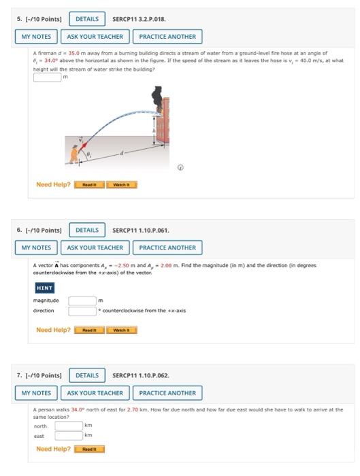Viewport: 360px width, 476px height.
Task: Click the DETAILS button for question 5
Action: click(x=86, y=19)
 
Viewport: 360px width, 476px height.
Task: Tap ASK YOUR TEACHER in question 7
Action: click(x=95, y=393)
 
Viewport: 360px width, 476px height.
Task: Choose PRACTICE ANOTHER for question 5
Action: click(x=167, y=37)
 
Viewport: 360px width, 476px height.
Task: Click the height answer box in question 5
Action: click(x=48, y=76)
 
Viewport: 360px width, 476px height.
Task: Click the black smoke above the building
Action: click(x=157, y=99)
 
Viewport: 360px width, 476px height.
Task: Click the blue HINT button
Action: click(x=45, y=288)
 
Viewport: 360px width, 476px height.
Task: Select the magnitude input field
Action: click(x=82, y=300)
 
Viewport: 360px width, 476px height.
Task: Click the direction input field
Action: click(x=82, y=311)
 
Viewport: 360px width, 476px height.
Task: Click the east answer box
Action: click(x=68, y=437)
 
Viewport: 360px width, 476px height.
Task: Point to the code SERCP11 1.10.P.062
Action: click(x=140, y=375)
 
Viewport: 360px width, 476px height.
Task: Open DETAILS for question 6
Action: click(x=86, y=230)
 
